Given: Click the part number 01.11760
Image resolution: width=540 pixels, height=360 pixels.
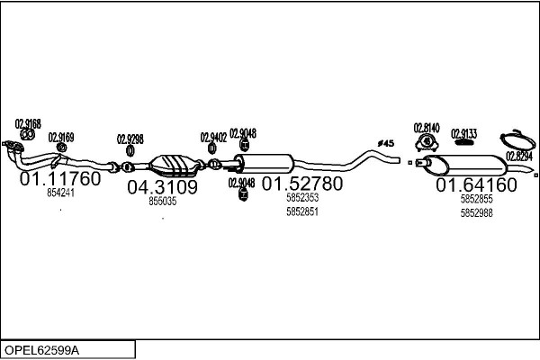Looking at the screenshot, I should point(60,178).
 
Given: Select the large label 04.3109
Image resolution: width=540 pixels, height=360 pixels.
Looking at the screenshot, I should point(162,187).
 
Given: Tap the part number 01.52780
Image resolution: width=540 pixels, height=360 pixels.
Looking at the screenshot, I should point(301,184).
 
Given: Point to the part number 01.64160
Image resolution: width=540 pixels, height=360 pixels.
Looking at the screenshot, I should point(476,184).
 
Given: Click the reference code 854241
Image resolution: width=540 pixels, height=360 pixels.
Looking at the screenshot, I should point(61,193).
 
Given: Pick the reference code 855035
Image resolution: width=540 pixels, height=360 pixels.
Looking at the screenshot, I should point(162,202).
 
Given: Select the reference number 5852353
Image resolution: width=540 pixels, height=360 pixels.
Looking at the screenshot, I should point(301,198).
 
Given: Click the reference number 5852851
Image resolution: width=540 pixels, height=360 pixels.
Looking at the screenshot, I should point(301,211).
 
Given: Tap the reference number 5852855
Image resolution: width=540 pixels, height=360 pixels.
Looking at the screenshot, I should point(476,199).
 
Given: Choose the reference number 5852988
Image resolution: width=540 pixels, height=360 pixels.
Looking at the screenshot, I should point(476,212).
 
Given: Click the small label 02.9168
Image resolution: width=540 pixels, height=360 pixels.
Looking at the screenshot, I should point(28,124).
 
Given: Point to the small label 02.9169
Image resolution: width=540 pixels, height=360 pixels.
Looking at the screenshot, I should point(61,138).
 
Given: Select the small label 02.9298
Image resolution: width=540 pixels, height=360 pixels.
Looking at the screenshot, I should point(130,139).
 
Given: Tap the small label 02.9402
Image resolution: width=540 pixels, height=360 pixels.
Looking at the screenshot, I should point(213,137).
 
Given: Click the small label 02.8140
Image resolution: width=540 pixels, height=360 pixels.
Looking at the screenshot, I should point(426,128).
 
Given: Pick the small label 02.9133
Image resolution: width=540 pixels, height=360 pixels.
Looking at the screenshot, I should point(463,132).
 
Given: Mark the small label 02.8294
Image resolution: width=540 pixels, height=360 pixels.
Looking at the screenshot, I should point(518,156).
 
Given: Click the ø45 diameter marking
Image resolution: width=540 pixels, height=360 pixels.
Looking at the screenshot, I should point(385,143).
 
